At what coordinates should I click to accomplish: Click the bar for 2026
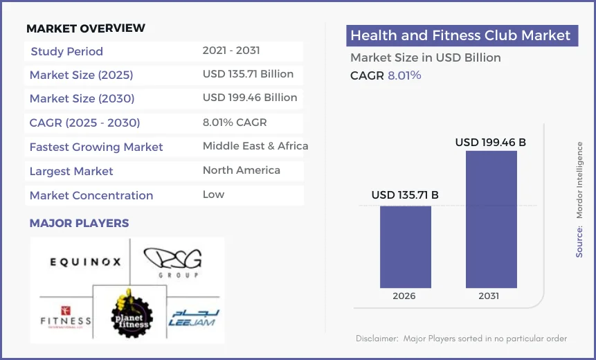pyautogui.click(x=405, y=246)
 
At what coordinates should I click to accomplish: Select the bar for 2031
pyautogui.click(x=491, y=219)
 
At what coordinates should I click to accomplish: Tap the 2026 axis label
pyautogui.click(x=404, y=296)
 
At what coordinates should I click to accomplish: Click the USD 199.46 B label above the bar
pyautogui.click(x=490, y=143)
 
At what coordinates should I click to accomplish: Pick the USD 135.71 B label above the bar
pyautogui.click(x=405, y=195)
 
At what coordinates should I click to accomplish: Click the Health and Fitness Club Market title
pyautogui.click(x=460, y=36)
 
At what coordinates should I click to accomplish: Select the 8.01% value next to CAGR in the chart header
pyautogui.click(x=404, y=75)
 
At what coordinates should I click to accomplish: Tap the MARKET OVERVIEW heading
pyautogui.click(x=86, y=28)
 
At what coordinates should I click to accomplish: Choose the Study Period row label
pyautogui.click(x=67, y=51)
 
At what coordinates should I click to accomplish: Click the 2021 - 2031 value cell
pyautogui.click(x=231, y=51)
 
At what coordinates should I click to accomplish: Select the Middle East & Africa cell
pyautogui.click(x=255, y=146)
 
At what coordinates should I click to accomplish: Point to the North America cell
pyautogui.click(x=242, y=170)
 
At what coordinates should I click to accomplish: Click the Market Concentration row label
pyautogui.click(x=91, y=195)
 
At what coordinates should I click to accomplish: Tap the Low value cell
pyautogui.click(x=213, y=195)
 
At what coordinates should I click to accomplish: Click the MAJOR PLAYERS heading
pyautogui.click(x=79, y=224)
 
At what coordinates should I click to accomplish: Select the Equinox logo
pyautogui.click(x=85, y=262)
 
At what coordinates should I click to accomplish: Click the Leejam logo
pyautogui.click(x=194, y=317)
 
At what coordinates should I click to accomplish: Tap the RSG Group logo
pyautogui.click(x=174, y=262)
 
